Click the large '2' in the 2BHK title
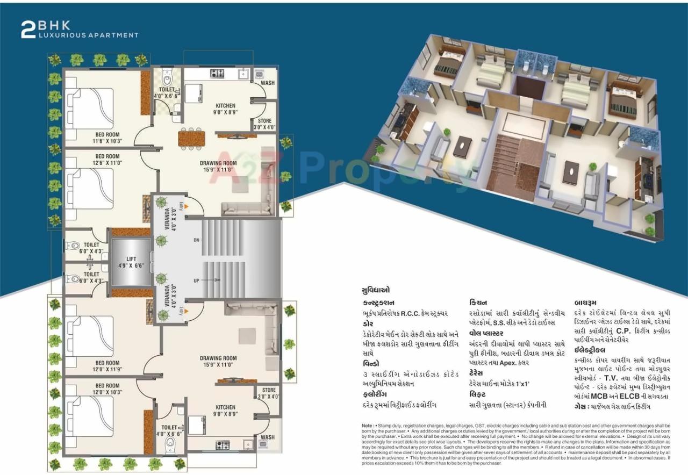[28, 30]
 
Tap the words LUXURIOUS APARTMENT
[88, 35]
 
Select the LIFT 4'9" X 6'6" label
[131, 262]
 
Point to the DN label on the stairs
[197, 240]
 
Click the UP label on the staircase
[197, 280]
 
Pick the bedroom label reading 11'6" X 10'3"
[107, 138]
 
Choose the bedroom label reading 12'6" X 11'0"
[107, 160]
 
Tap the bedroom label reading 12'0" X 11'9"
[107, 366]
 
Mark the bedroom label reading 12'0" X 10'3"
[107, 389]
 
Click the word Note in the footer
[368, 426]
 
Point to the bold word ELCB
[634, 396]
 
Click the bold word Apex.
[518, 363]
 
